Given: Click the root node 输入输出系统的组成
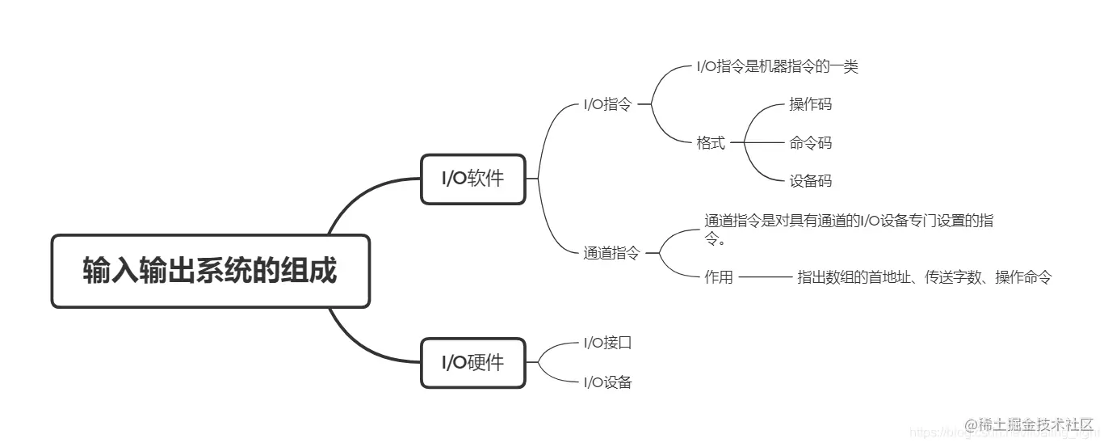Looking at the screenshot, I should (210, 271).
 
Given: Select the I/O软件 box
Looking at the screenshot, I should (472, 179).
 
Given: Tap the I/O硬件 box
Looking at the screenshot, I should (472, 362).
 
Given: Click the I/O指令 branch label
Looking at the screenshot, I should (607, 104).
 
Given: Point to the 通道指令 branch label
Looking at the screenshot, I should (611, 253).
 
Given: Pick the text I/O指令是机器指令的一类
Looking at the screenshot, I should (777, 66).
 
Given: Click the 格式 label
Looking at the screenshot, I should (711, 143).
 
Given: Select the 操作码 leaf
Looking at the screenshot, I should (810, 104).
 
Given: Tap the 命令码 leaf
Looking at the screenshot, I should (810, 143).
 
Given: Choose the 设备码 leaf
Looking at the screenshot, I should (810, 181).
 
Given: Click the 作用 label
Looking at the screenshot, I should (719, 277).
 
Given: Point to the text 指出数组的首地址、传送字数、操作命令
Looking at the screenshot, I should (925, 277).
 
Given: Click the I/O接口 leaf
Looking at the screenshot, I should (607, 343).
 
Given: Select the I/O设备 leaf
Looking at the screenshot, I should (607, 382).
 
